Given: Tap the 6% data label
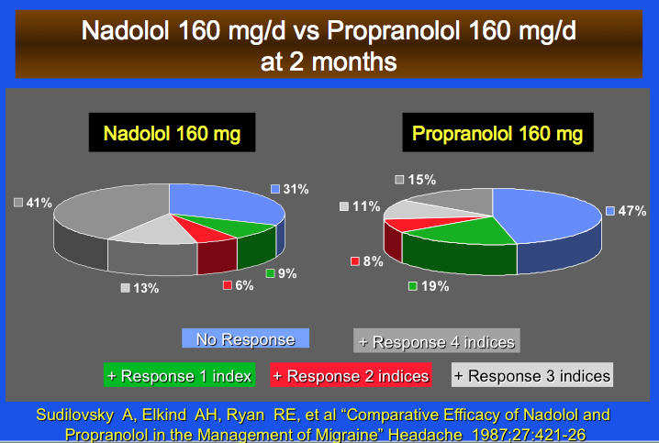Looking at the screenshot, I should click(x=240, y=285).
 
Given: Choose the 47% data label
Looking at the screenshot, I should click(x=628, y=211).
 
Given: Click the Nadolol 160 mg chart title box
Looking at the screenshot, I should click(x=172, y=135).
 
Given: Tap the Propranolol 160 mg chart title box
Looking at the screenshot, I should click(x=497, y=135).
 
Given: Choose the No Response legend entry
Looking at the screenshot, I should click(x=245, y=339).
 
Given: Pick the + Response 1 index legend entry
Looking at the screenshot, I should click(x=180, y=375).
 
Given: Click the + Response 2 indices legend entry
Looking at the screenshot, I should click(x=351, y=375).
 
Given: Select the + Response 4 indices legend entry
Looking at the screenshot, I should click(x=437, y=342).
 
